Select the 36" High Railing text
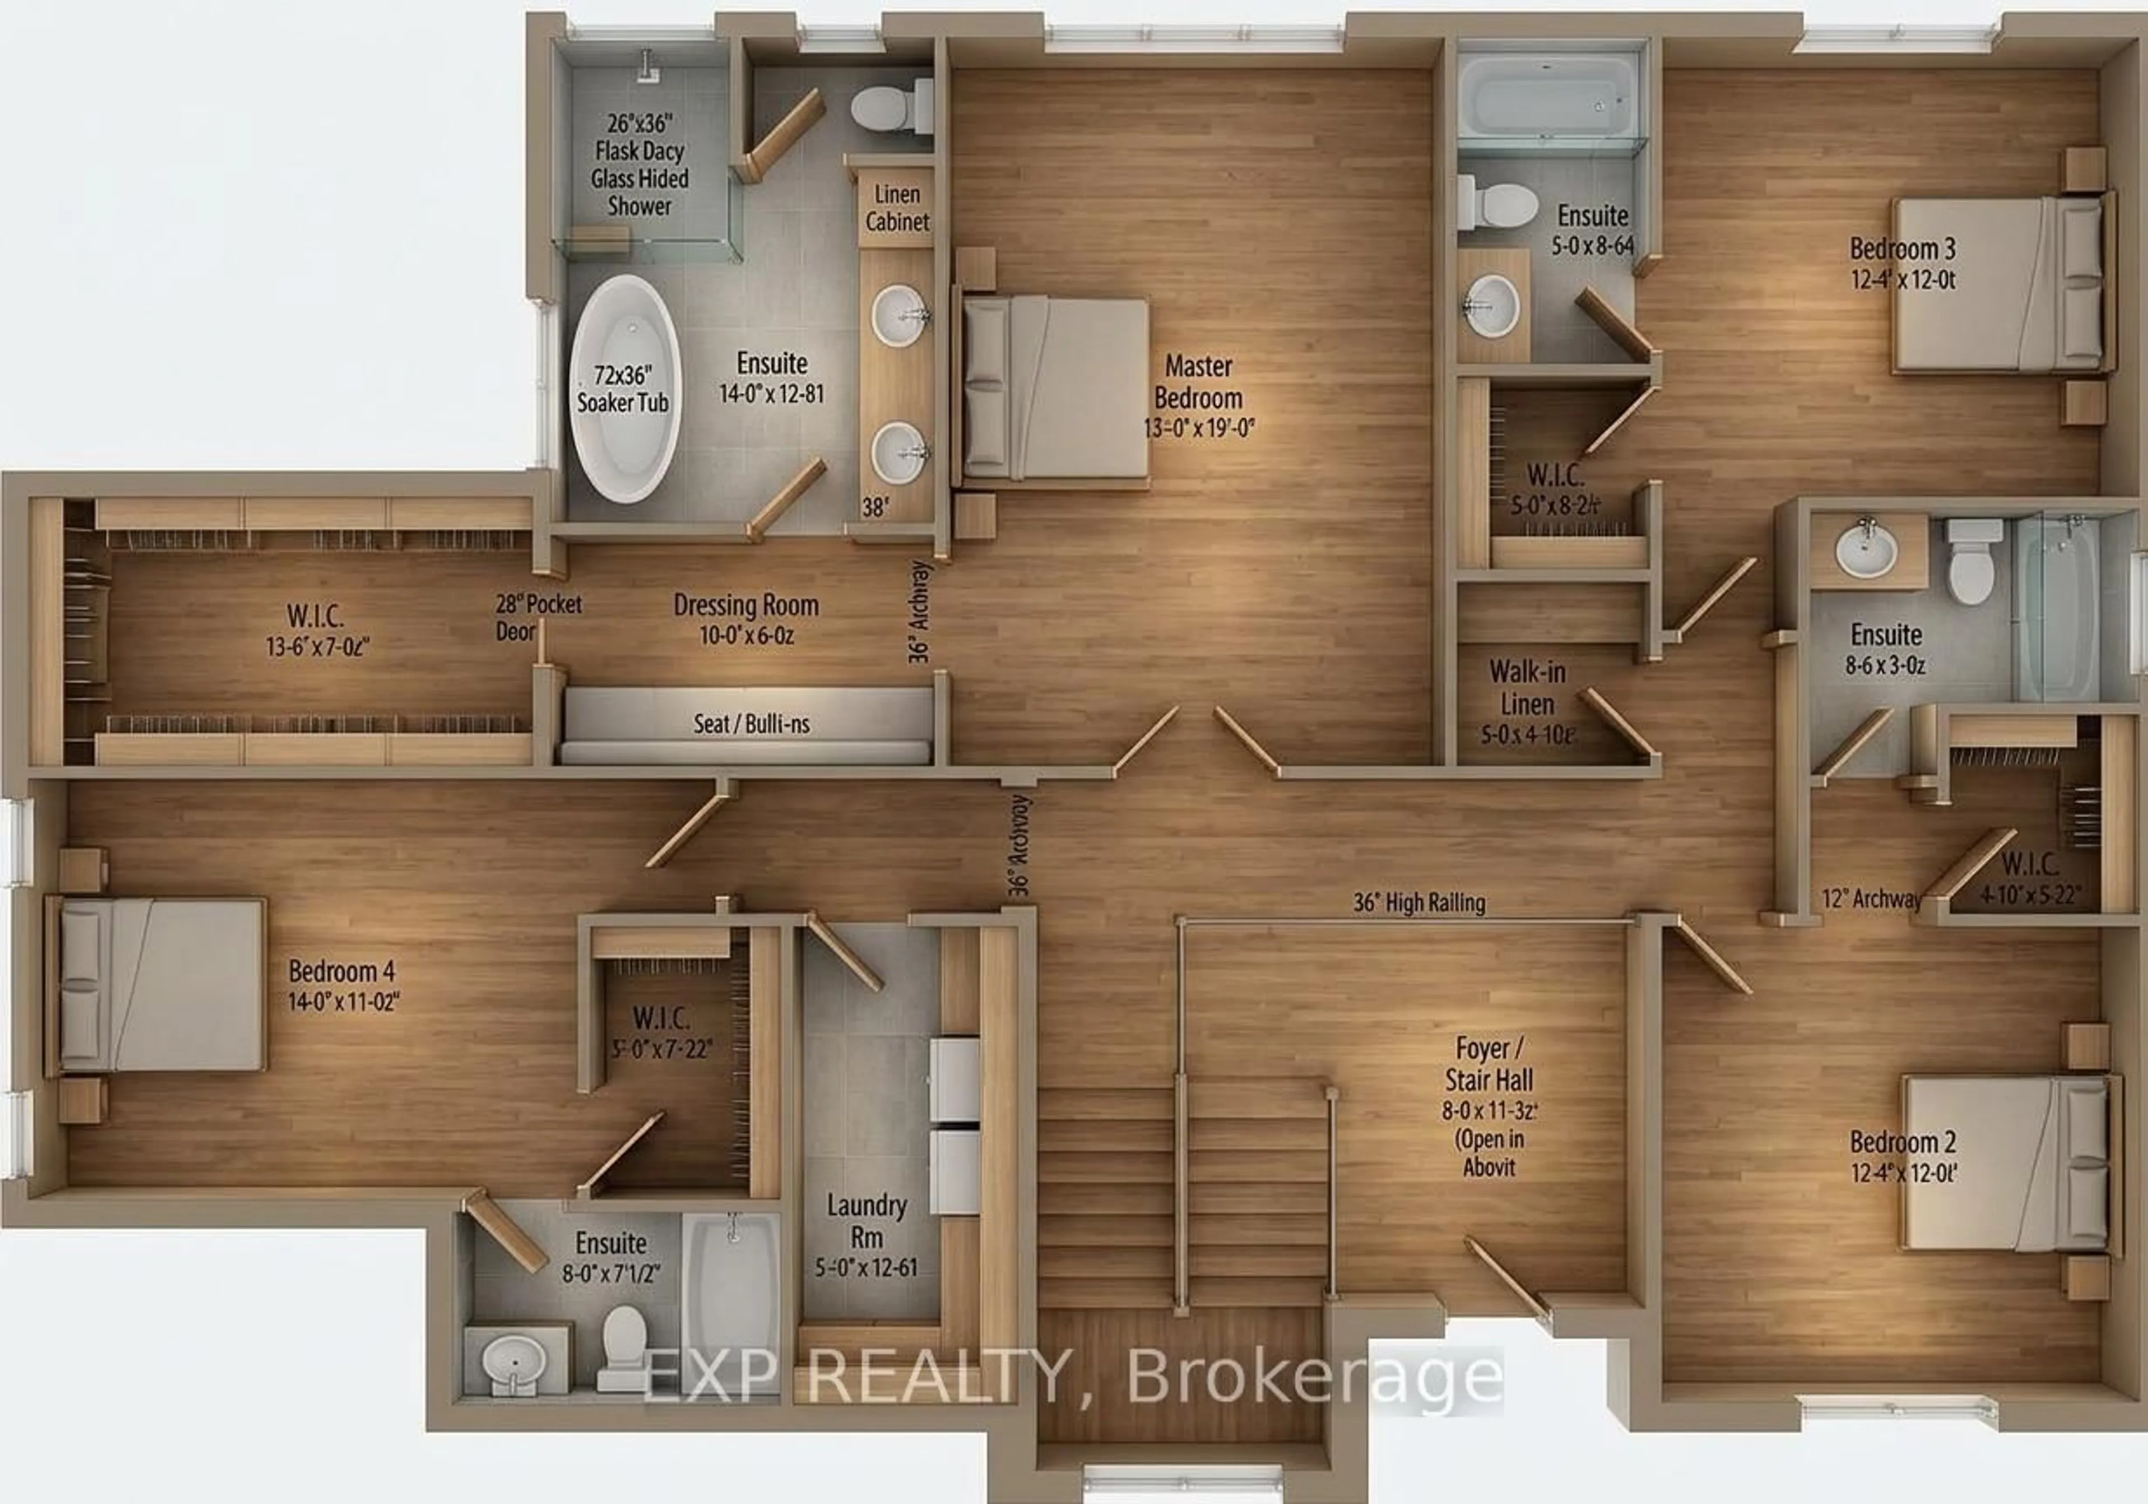1419,903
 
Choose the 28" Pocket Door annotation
538,617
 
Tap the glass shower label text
640,164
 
